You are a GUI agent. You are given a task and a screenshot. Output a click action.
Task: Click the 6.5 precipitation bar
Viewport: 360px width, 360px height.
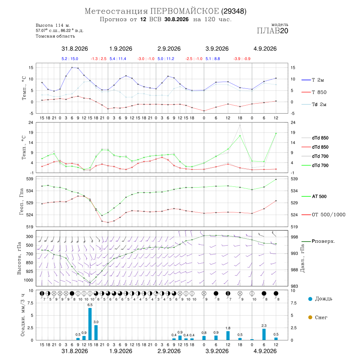tap(90, 324)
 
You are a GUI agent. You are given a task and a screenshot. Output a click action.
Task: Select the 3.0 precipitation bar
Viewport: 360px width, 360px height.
tap(96, 332)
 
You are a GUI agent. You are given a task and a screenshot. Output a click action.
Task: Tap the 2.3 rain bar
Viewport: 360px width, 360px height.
tap(264, 334)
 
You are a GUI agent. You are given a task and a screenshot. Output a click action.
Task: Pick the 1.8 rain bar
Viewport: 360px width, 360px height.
tap(228, 336)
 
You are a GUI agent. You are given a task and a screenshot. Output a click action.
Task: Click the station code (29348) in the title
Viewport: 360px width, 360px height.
tap(234, 11)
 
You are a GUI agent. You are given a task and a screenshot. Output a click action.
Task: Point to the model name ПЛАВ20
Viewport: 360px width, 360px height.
tap(272, 31)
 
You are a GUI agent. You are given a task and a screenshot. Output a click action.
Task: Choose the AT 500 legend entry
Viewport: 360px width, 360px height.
tap(314, 196)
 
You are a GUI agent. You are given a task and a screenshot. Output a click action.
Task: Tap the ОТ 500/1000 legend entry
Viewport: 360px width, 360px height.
tap(324, 215)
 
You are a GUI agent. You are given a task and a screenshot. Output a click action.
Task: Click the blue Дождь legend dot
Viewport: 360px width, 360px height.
tap(310, 299)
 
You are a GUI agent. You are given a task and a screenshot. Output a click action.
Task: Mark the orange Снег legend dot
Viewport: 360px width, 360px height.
tap(310, 318)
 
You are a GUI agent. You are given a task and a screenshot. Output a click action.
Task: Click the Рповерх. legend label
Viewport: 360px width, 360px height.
tap(324, 241)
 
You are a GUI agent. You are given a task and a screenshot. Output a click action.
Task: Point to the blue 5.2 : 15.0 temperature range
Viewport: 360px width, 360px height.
tap(70, 59)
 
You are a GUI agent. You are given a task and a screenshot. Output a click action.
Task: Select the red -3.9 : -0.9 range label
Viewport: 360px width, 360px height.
tap(242, 59)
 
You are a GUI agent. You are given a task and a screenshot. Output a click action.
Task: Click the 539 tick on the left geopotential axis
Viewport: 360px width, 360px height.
tap(30, 179)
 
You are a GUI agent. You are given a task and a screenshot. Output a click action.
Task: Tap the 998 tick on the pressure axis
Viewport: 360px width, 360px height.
tap(294, 237)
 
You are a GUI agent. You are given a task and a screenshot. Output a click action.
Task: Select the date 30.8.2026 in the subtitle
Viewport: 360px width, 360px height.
tap(176, 19)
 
